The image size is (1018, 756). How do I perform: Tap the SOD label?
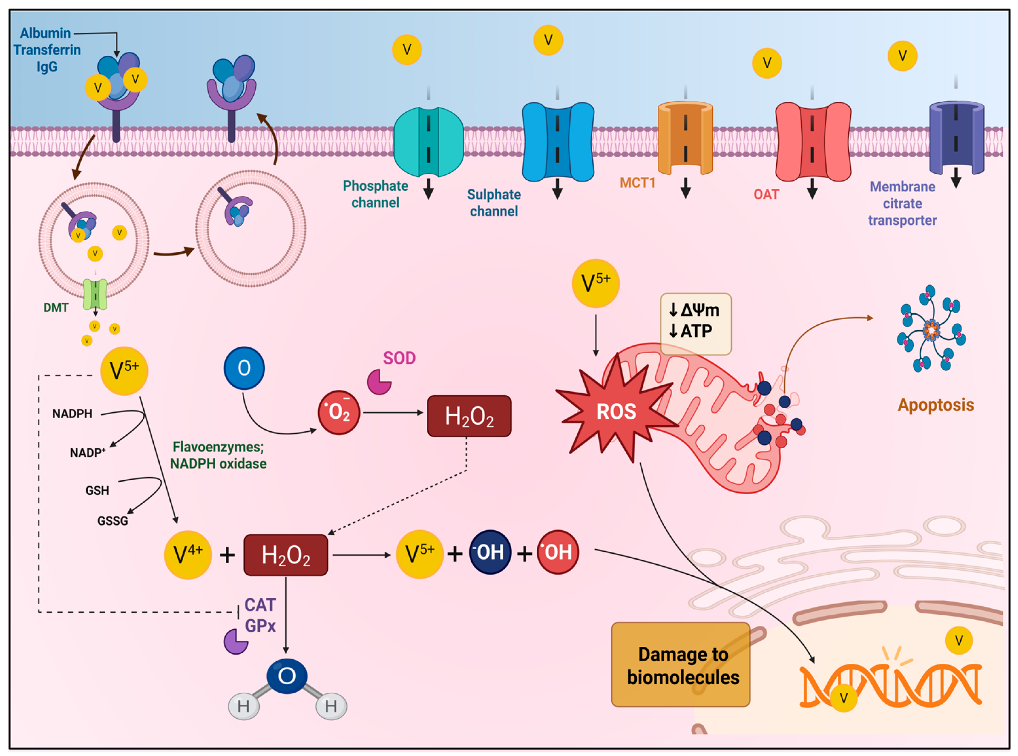pyautogui.click(x=399, y=358)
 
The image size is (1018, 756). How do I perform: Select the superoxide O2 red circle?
pyautogui.click(x=338, y=412)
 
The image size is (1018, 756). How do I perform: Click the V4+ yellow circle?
pyautogui.click(x=187, y=555)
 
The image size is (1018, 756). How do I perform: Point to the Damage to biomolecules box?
pyautogui.click(x=681, y=664)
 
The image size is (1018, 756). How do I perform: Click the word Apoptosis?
pyautogui.click(x=935, y=405)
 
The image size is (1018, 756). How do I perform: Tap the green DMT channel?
pyautogui.click(x=95, y=295)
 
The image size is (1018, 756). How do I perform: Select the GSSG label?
pyautogui.click(x=112, y=521)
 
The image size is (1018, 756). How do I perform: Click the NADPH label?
pyautogui.click(x=72, y=414)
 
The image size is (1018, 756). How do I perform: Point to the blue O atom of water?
pyautogui.click(x=287, y=676)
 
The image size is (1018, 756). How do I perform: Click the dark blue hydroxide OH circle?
pyautogui.click(x=490, y=552)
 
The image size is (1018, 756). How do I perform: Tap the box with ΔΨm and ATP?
pyautogui.click(x=695, y=324)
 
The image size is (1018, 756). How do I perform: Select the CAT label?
pyautogui.click(x=260, y=605)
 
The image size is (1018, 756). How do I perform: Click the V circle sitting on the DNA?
pyautogui.click(x=844, y=698)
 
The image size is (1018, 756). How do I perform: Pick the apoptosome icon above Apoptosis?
pyautogui.click(x=931, y=329)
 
